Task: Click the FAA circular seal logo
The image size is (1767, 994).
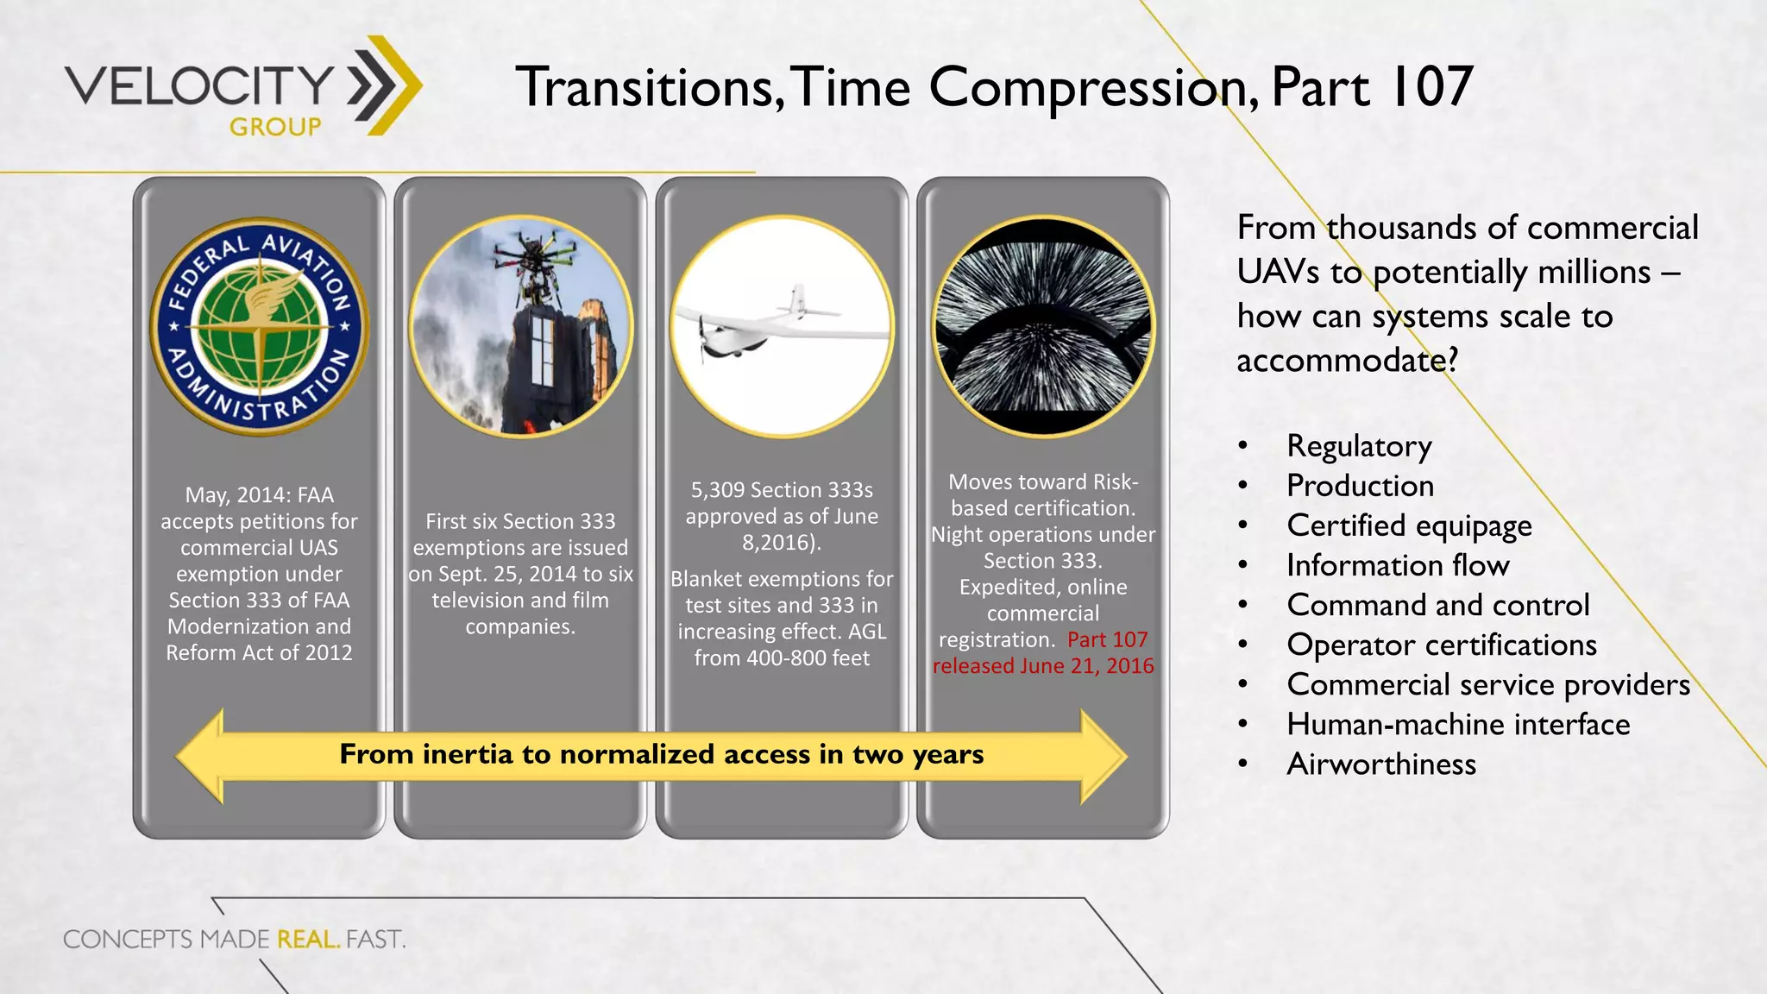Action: click(x=259, y=326)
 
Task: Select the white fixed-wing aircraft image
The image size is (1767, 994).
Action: click(x=781, y=326)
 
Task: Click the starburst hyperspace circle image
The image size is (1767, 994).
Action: click(x=1042, y=326)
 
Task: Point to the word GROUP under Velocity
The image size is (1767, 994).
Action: click(x=275, y=127)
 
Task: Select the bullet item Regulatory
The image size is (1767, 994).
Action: click(x=1359, y=446)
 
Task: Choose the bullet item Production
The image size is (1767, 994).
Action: click(x=1360, y=486)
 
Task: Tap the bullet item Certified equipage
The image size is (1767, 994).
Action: click(x=1409, y=525)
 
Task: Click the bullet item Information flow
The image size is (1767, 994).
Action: click(x=1398, y=565)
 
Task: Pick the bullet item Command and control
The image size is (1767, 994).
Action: click(x=1437, y=605)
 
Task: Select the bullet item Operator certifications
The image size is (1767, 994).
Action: click(x=1441, y=645)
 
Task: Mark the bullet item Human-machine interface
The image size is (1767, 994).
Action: click(x=1458, y=724)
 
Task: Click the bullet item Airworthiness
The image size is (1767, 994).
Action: click(x=1380, y=764)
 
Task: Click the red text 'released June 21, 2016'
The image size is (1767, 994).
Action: click(x=1042, y=666)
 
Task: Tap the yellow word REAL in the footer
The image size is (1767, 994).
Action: click(x=307, y=939)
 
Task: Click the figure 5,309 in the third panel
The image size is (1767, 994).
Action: click(x=718, y=490)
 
